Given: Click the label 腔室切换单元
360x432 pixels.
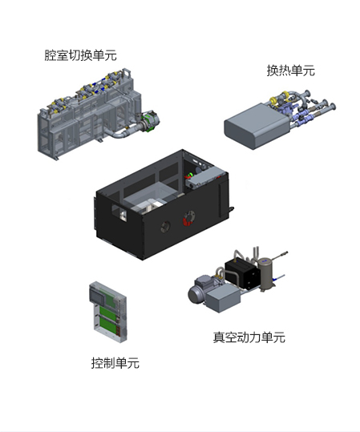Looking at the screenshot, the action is (x=80, y=55).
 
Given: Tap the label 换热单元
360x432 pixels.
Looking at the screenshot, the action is (x=290, y=71).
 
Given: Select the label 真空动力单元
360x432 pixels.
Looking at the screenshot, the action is (x=249, y=337).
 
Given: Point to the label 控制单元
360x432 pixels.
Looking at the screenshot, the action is (x=115, y=362).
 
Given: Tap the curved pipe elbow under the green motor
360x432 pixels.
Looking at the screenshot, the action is (x=119, y=134).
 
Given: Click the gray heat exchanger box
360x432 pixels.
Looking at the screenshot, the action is (x=257, y=126).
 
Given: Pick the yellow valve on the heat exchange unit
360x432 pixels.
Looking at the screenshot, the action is (x=273, y=100).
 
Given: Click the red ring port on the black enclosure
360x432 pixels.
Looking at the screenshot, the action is (x=189, y=218).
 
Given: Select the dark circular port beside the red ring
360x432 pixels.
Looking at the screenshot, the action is (x=165, y=227).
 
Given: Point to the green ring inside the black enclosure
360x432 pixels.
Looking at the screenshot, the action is (x=190, y=176).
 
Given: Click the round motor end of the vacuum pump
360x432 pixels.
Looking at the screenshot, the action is (x=195, y=294).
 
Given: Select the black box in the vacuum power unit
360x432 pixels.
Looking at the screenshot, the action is (x=242, y=274).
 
